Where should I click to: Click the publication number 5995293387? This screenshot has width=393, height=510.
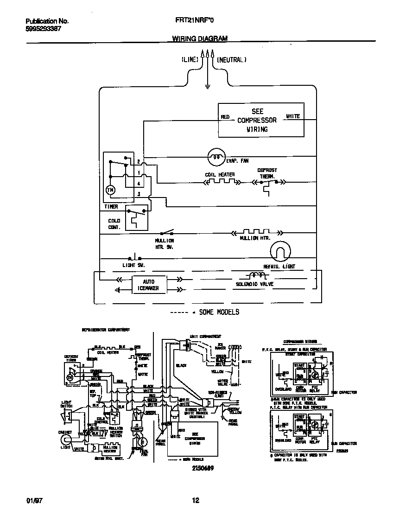[43, 28]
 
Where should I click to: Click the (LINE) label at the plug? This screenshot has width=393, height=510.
[190, 60]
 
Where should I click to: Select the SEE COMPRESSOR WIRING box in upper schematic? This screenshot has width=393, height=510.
[261, 120]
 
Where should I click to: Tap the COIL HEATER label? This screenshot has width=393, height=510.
[220, 175]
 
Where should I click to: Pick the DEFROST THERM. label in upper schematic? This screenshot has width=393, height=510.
[266, 173]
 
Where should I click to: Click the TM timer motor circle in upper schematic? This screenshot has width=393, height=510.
[110, 190]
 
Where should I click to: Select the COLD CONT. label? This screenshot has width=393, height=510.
[114, 224]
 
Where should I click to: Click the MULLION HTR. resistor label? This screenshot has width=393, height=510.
[255, 238]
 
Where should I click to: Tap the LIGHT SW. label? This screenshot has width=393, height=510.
[133, 265]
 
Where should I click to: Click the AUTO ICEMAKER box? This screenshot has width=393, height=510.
[148, 285]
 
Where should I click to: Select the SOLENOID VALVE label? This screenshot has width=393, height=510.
[254, 284]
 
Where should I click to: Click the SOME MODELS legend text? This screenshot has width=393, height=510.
[219, 312]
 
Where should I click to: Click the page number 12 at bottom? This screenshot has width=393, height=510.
[196, 500]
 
